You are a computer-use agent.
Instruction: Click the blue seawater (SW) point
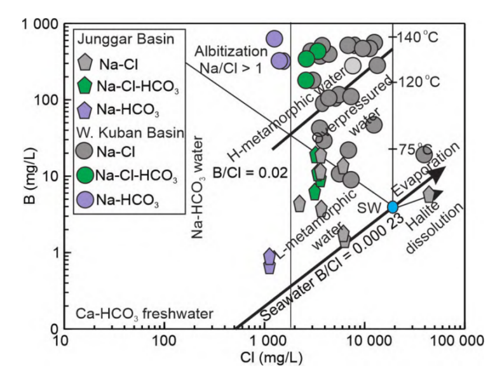tap(393, 206)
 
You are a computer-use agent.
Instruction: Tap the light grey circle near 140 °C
tap(355, 65)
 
